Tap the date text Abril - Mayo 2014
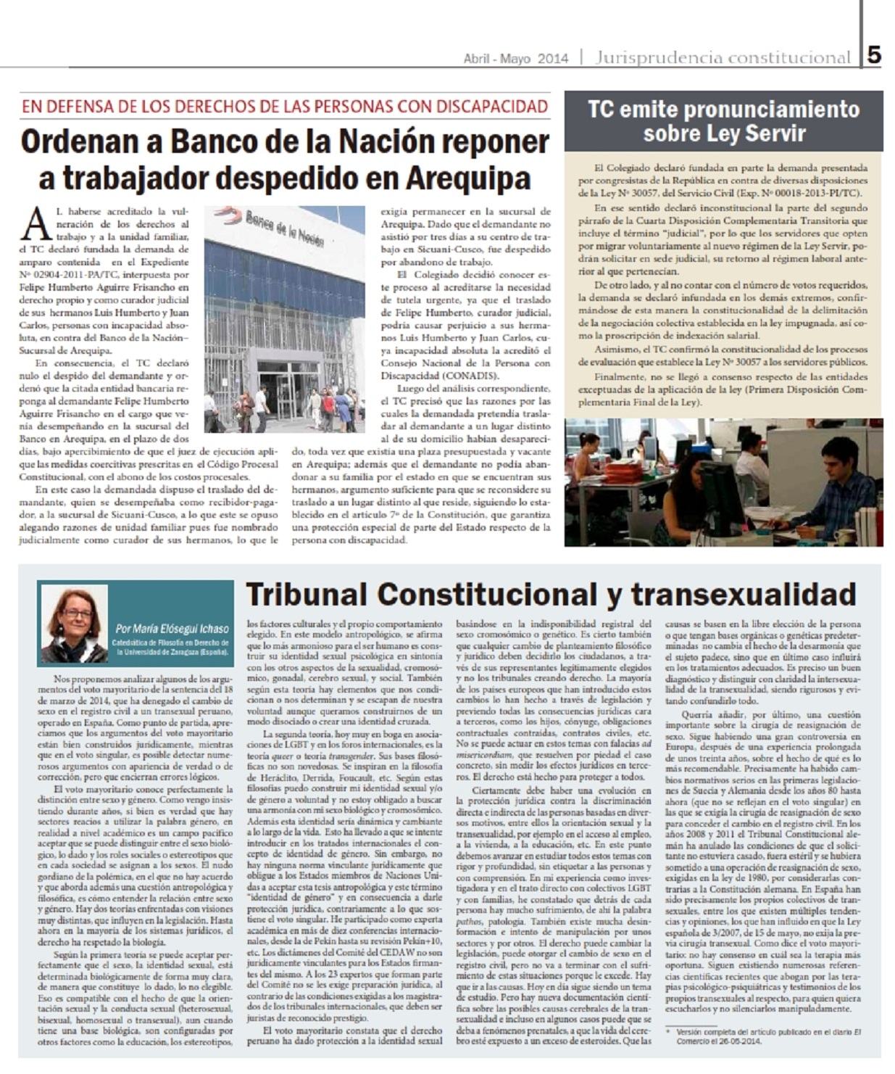(x=516, y=59)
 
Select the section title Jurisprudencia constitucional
(x=723, y=57)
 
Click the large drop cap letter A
(x=37, y=224)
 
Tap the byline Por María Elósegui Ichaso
(x=172, y=629)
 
